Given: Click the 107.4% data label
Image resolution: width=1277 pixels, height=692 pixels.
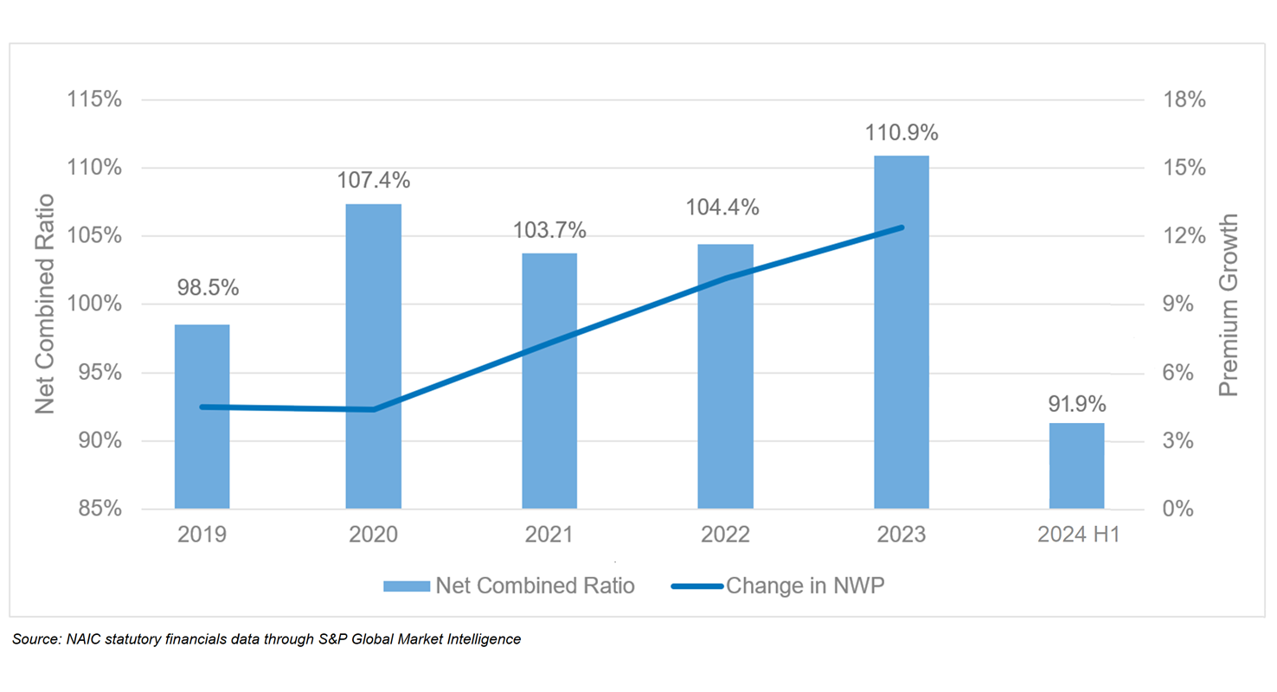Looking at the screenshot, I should (374, 181).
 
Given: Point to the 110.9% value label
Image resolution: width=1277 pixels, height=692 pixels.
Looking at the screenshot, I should (902, 133).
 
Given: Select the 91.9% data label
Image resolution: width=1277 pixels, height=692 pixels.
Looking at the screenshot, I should (1077, 404).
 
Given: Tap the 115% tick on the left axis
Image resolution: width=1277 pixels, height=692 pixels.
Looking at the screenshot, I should (94, 99).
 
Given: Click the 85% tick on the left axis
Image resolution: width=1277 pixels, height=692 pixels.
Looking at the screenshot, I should (99, 509).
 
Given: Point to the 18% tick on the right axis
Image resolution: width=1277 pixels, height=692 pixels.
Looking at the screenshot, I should (1184, 99).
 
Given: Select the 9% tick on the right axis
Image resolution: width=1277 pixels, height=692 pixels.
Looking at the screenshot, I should (1178, 304).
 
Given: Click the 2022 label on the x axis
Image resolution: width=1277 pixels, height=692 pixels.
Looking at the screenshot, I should (725, 535).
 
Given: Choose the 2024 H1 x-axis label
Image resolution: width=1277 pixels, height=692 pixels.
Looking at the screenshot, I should (1078, 535).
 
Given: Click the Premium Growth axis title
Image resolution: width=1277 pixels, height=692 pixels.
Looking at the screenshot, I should (1229, 304).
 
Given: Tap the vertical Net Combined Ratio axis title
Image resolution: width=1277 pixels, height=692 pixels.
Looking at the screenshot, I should (45, 304).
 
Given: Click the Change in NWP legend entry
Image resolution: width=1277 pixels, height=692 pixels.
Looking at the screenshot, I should (805, 586).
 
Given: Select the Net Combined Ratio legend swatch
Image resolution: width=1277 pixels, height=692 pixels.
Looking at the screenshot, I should (407, 586).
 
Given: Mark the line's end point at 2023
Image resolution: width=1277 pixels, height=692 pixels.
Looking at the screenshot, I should (902, 227).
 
